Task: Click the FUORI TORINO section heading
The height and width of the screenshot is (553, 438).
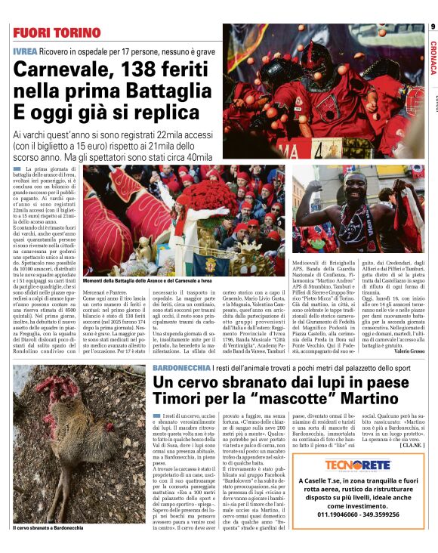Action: pos(57,33)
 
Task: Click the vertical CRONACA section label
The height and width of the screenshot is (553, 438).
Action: pos(433,57)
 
